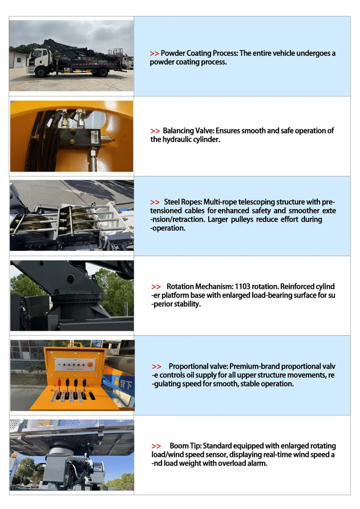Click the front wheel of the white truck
(x=41, y=72)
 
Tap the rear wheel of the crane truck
(x=102, y=71)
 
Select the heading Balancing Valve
(x=188, y=131)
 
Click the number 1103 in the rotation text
(x=242, y=286)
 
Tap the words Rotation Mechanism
(x=200, y=286)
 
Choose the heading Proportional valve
(x=198, y=366)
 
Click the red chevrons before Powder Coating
(x=155, y=54)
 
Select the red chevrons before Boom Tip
(x=156, y=446)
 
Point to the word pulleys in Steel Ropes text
(x=242, y=219)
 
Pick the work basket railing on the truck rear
(x=115, y=52)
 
